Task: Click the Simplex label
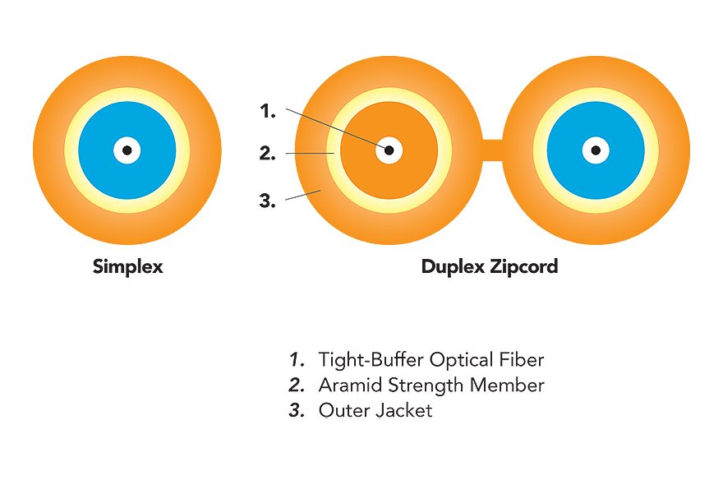pyautogui.click(x=127, y=266)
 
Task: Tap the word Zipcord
pyautogui.click(x=524, y=266)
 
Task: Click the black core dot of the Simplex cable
pyautogui.click(x=127, y=150)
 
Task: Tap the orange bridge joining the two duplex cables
pyautogui.click(x=492, y=150)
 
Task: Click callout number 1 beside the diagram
pyautogui.click(x=268, y=111)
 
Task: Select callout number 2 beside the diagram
pyautogui.click(x=268, y=153)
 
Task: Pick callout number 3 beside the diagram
pyautogui.click(x=268, y=201)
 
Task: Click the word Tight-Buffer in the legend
pyautogui.click(x=371, y=359)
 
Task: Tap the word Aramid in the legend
pyautogui.click(x=351, y=385)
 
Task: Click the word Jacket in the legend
pyautogui.click(x=404, y=410)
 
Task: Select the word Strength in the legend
pyautogui.click(x=426, y=386)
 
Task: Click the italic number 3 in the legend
pyautogui.click(x=297, y=410)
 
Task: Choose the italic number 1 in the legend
pyautogui.click(x=297, y=359)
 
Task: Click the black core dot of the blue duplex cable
pyautogui.click(x=596, y=150)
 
